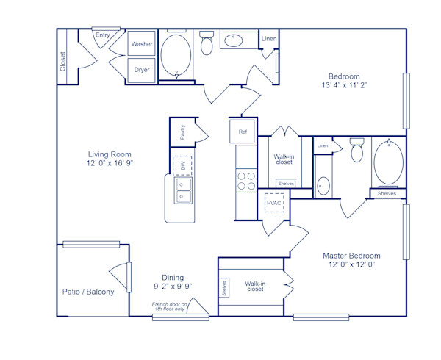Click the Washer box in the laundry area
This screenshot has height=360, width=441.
(142, 44)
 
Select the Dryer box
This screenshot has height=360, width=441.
(142, 70)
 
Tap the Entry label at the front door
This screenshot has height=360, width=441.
(102, 35)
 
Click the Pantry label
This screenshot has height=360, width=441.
(182, 132)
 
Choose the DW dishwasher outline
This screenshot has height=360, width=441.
(182, 165)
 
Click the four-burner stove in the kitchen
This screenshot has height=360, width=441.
(245, 181)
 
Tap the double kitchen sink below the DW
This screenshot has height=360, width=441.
(182, 191)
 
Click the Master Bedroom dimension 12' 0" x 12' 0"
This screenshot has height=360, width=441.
(351, 264)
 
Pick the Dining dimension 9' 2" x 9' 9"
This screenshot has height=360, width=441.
(173, 286)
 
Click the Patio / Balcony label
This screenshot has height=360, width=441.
(88, 292)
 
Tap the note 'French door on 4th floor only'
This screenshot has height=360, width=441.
(169, 306)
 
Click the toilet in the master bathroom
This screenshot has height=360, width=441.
(357, 150)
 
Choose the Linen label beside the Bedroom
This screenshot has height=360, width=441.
(270, 38)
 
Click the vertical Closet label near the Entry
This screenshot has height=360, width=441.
(62, 62)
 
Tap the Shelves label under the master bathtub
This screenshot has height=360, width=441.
(387, 193)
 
